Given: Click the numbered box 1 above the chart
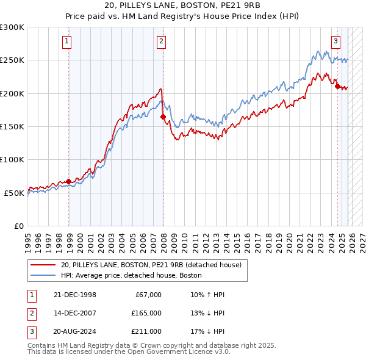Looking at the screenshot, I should [66, 41].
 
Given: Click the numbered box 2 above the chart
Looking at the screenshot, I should [161, 41].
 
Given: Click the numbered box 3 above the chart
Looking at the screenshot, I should [335, 41].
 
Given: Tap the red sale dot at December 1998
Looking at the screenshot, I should [69, 181].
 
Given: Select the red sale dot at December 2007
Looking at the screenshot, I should [163, 117].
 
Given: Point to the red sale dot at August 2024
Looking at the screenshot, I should [337, 86].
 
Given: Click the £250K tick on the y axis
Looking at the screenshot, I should [12, 60].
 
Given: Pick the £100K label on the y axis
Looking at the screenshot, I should [12, 159].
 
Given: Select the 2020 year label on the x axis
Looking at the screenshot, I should [289, 240].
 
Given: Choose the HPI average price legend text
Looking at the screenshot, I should [135, 275].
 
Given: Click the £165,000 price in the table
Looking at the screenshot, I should [146, 313].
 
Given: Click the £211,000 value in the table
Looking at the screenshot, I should [146, 331].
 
